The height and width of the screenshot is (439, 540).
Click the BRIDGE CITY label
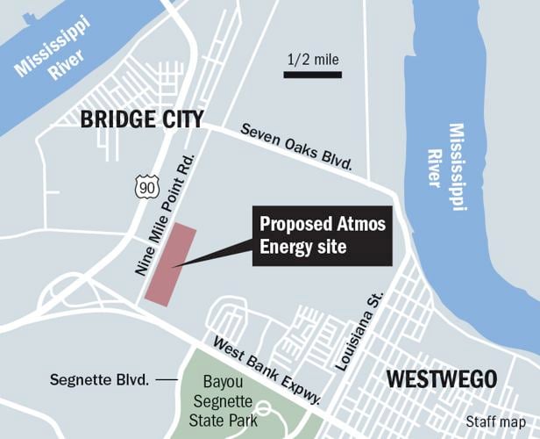[x=141, y=120]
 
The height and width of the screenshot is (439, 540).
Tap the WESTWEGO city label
[x=441, y=379]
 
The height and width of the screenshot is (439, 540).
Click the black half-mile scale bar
[x=312, y=76]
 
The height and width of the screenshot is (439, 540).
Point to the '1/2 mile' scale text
[x=312, y=60]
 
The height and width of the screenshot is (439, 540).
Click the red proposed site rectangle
[x=170, y=264]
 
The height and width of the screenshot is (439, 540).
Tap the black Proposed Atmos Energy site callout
[x=322, y=234]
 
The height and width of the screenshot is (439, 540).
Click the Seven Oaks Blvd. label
[x=296, y=147]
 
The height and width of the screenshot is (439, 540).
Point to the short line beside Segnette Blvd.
[x=165, y=380]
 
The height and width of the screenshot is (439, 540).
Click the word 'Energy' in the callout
[x=286, y=246]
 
